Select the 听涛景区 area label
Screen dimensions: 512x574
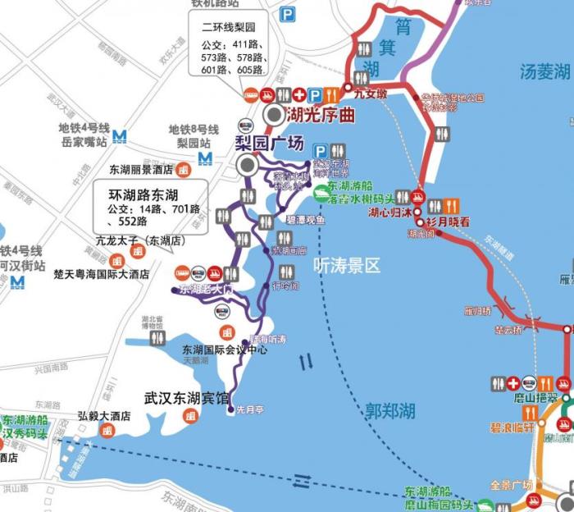(x=347, y=265)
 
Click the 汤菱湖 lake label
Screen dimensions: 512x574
(x=544, y=71)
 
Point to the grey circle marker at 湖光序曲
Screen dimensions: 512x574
(x=271, y=116)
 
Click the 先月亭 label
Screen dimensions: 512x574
(x=248, y=409)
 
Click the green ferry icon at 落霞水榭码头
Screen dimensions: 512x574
(x=322, y=194)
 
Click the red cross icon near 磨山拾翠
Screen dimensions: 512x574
(x=514, y=383)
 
